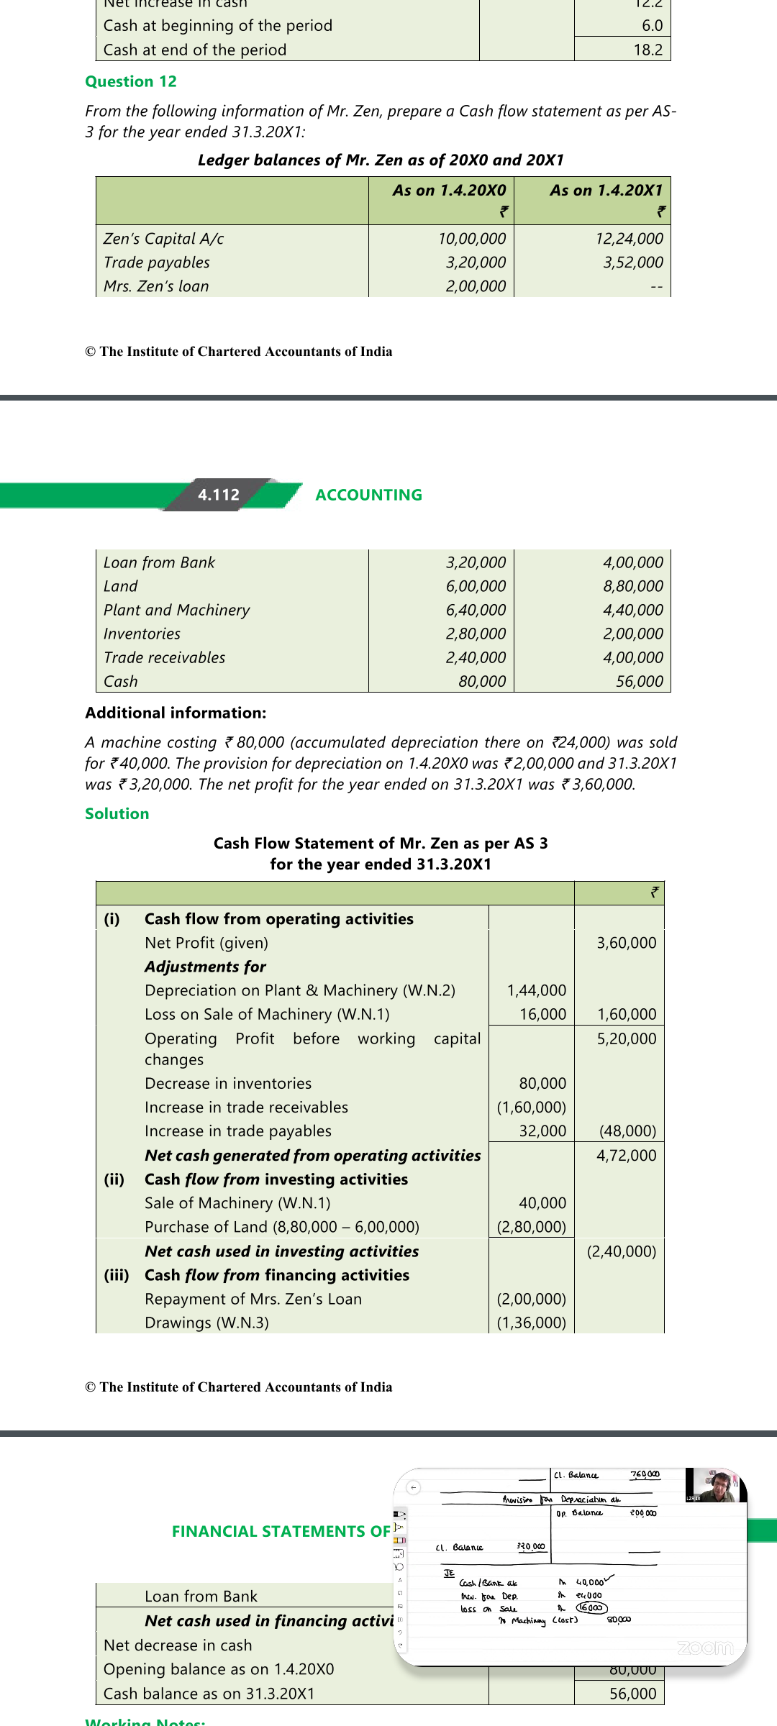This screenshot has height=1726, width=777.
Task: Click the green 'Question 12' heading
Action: [x=131, y=82]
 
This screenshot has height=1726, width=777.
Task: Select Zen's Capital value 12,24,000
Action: [x=629, y=239]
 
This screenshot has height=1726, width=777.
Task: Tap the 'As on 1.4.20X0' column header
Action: [x=449, y=191]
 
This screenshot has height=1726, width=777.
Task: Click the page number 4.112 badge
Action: [x=219, y=495]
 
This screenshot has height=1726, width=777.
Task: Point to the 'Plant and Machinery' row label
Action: [x=177, y=611]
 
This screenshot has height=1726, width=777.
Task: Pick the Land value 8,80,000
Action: [x=633, y=587]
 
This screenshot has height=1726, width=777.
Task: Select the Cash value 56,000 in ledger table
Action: [x=640, y=682]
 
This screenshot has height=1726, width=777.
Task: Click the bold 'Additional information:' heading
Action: [x=176, y=713]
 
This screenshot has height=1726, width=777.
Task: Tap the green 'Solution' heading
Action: [x=117, y=814]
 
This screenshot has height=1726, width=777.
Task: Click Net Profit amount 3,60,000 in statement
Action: [x=627, y=943]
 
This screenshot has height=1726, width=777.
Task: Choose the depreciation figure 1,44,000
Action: [x=537, y=991]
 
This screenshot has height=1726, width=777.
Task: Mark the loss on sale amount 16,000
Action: [x=543, y=1015]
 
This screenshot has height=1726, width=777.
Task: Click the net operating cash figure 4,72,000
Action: [x=627, y=1156]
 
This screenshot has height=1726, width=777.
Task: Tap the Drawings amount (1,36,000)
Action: [x=532, y=1323]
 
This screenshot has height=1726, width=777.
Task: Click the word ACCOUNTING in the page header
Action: [x=369, y=496]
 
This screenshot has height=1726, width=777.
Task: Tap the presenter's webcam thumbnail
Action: [x=715, y=1486]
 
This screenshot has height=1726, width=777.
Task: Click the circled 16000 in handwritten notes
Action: [x=591, y=1607]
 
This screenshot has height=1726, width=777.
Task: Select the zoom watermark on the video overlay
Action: [x=705, y=1648]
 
